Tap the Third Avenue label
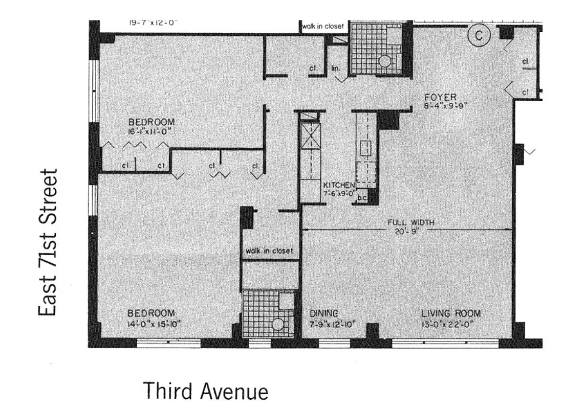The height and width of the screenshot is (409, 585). pos(206,391)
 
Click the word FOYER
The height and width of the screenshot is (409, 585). pos(440,97)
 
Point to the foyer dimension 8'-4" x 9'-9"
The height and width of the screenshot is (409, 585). pos(447,106)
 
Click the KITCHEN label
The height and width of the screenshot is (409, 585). pos(338,185)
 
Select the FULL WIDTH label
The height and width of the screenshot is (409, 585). pos(411,222)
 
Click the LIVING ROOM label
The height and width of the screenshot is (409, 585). pos(450,313)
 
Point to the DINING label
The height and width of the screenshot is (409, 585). pos(323,313)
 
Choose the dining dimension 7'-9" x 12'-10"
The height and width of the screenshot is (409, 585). pos(332,324)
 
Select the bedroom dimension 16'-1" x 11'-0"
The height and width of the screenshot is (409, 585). pos(151,131)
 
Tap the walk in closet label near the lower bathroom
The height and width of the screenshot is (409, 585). pos(269,251)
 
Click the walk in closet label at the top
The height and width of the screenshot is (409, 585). pos(323,26)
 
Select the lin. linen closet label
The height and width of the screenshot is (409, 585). pos(336,67)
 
